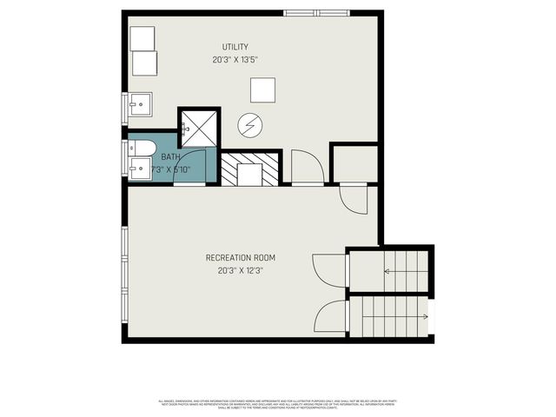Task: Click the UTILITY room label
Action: pos(235,47)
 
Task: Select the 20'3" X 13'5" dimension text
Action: pos(235,61)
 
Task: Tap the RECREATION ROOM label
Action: pos(241,257)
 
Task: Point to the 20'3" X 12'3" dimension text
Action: pos(241,271)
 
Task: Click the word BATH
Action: pos(170,156)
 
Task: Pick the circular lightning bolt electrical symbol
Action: pos(250,127)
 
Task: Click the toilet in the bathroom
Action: pos(142,145)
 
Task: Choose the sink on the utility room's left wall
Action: pos(139,105)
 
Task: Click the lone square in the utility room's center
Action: pos(263,89)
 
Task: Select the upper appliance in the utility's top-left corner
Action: pos(142,38)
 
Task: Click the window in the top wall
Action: pos(315,13)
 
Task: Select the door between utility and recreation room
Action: pos(307,168)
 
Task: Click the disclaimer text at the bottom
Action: pos(278,404)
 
